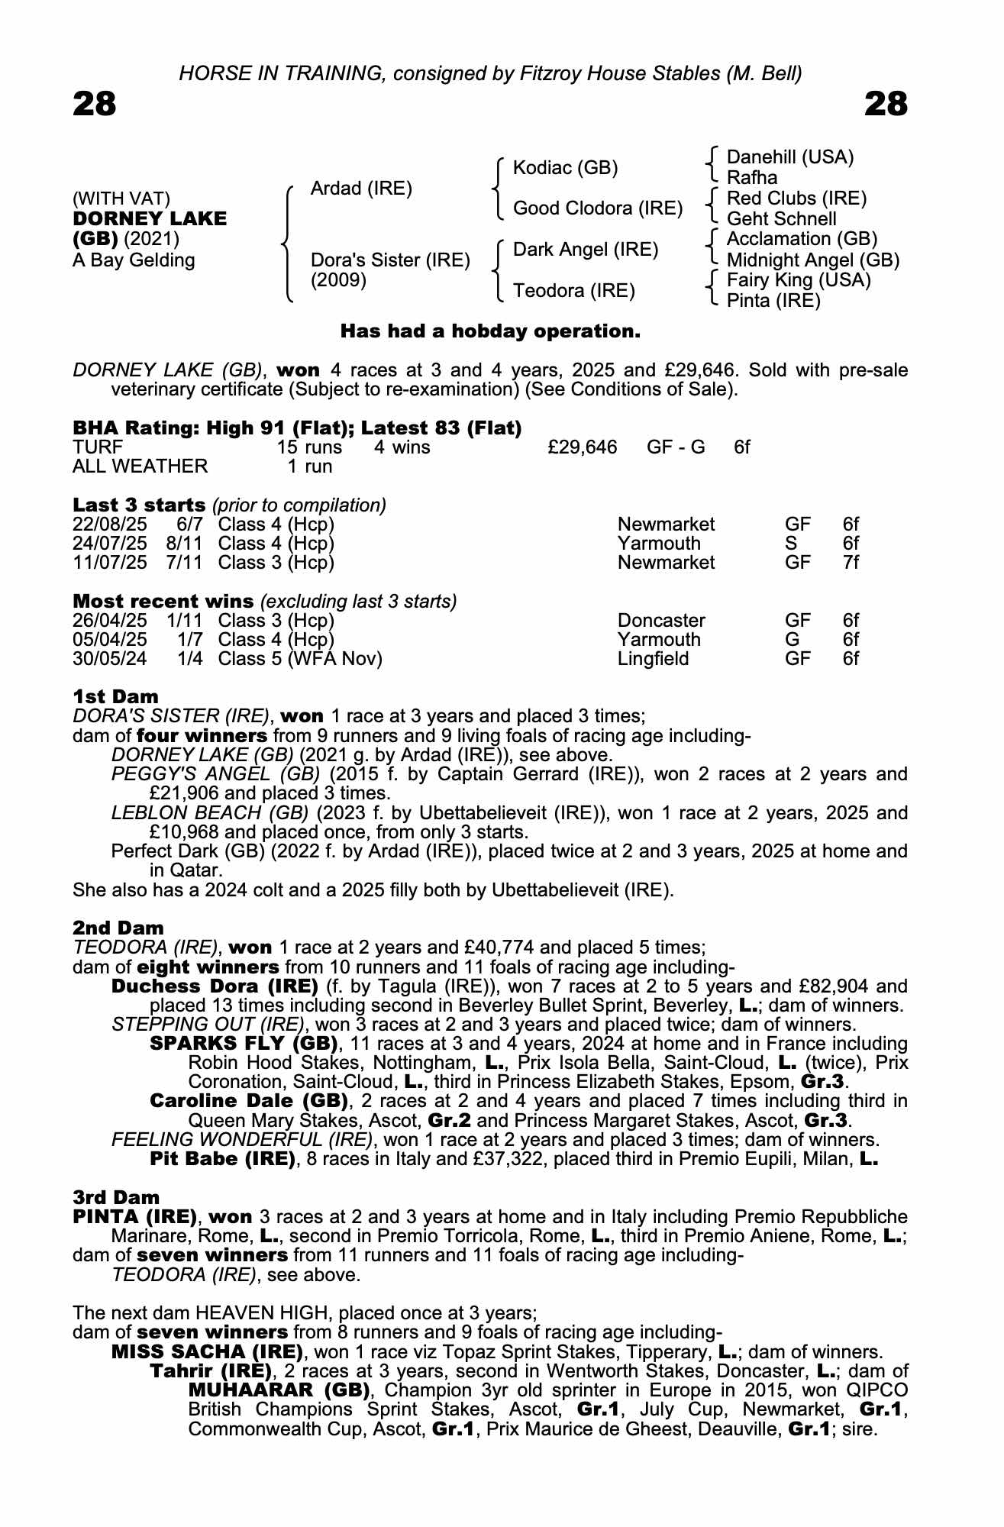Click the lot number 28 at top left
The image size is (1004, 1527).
(95, 104)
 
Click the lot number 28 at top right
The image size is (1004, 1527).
(886, 104)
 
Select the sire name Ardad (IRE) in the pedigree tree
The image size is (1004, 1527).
(361, 189)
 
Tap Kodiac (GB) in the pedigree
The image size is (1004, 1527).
(565, 168)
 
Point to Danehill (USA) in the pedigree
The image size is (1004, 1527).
(789, 157)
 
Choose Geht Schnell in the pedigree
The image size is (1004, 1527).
(781, 219)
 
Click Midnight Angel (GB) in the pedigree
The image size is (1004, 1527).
(812, 260)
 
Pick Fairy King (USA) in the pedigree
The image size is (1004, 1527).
(798, 280)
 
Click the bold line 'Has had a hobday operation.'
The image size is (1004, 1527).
(490, 331)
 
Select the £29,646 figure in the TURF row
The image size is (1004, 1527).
(583, 447)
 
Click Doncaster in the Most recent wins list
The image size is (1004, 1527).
(661, 620)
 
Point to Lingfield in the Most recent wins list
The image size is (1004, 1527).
(653, 658)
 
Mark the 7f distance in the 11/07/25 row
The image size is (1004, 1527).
(851, 563)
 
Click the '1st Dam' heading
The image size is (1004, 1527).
(116, 696)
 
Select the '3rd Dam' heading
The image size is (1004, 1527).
(116, 1197)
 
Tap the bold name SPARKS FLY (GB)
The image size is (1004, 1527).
(244, 1043)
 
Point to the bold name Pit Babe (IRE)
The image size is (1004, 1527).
(222, 1159)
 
